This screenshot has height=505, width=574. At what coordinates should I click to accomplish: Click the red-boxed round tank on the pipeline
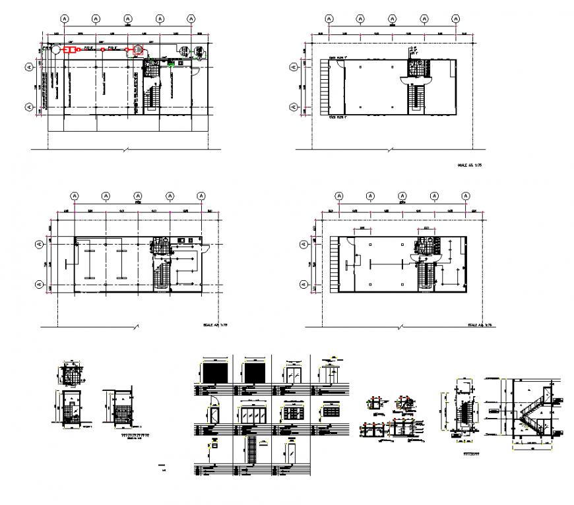coord(138,49)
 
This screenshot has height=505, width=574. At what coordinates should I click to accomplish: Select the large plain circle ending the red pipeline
coord(56,49)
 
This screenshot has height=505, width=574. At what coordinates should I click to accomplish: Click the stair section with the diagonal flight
coord(532,411)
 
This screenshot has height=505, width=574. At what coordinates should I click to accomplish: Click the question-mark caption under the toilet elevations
coord(135,436)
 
